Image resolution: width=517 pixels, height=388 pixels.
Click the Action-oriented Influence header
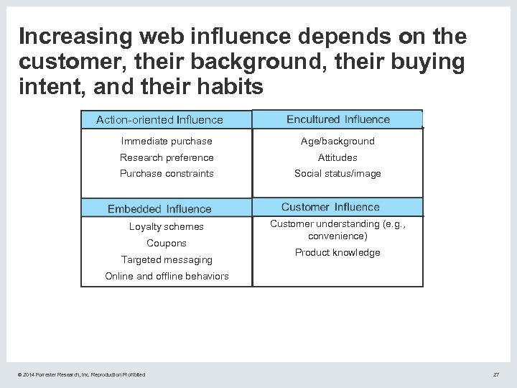coord(159,120)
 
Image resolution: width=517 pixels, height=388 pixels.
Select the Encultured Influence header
coord(338,119)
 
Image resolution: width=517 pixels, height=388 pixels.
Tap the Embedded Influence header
coord(159,209)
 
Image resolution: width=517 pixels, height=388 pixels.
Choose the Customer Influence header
coord(330,207)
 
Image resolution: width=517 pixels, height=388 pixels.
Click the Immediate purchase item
coord(167,142)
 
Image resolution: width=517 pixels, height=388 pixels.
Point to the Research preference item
coord(167,157)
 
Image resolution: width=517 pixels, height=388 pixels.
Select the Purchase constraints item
coord(167,173)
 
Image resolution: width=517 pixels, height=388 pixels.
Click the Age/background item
coord(337,142)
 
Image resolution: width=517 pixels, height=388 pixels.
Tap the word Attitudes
coord(337,157)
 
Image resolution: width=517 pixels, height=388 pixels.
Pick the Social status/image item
coord(337,173)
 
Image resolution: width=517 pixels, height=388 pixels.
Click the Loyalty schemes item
coord(167,227)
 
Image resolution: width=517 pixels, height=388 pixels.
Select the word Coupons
coord(167,243)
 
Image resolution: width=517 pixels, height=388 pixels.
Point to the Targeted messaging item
coord(167,259)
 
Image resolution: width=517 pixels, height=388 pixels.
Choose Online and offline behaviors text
coord(167,276)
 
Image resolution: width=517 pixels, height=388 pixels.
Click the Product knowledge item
coord(337,252)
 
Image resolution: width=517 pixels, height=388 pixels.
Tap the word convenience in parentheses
coord(336,236)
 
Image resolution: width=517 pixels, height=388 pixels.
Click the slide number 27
coord(495,374)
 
